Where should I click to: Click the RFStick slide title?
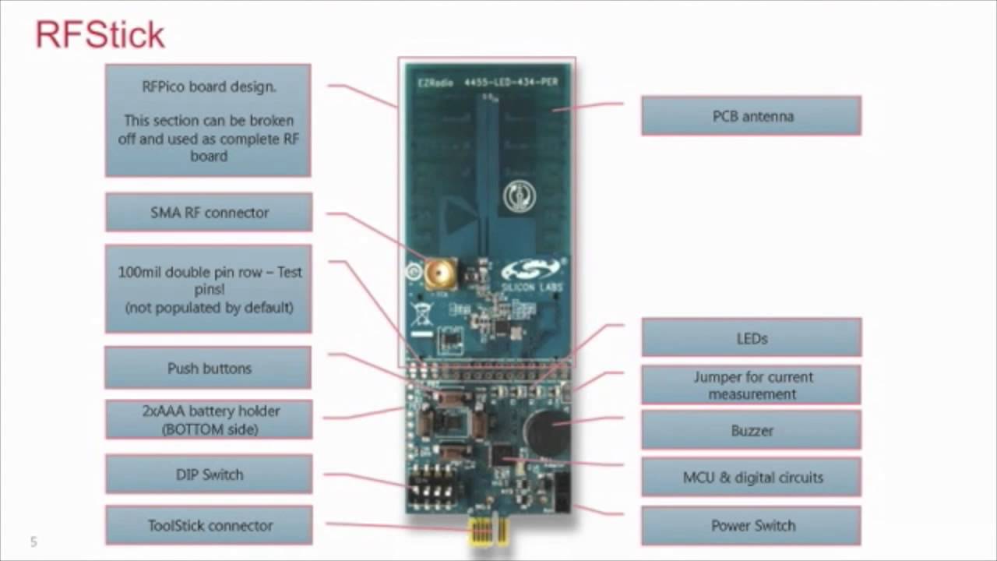coord(100,35)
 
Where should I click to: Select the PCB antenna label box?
coord(751,116)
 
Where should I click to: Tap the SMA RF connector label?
coord(209,213)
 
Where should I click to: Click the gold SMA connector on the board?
coord(440,273)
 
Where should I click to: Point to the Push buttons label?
coord(208,368)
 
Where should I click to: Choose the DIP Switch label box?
coord(209,475)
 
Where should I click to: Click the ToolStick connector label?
coord(209,526)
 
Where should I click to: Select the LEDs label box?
coord(751,338)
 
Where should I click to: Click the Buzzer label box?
coord(751,430)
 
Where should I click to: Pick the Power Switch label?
coord(751,526)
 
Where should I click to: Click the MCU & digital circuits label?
coord(751,477)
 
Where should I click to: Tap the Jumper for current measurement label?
coord(751,385)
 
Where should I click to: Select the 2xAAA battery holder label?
coord(209,419)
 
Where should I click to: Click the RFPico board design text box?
coord(208,121)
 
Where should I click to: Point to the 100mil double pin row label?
coord(209,289)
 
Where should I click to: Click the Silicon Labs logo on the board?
coord(531,275)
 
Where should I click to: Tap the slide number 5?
coord(33,542)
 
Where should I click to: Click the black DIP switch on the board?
coord(433,485)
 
